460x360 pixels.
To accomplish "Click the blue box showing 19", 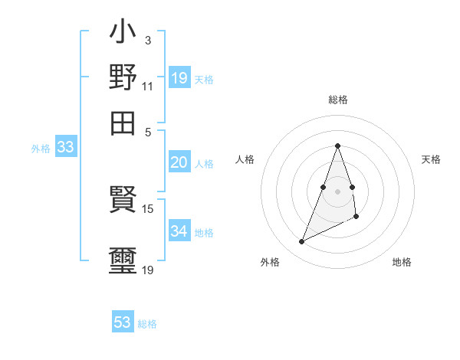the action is (179, 77).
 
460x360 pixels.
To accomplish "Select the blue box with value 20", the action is (179, 162).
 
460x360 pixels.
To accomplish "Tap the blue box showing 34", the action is (179, 231).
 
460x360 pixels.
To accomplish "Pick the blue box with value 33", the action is (65, 148).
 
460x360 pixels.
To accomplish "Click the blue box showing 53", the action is (123, 322).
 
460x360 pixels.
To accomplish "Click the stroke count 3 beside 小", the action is (147, 40).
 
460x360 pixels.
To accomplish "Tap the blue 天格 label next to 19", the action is (204, 79).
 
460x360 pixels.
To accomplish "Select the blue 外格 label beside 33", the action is (40, 149).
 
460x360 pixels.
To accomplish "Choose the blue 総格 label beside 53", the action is (147, 324).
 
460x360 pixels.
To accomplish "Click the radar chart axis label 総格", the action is (337, 100).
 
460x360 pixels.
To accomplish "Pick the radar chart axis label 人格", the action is (245, 159).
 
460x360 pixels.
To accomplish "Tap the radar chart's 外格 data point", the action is (302, 242).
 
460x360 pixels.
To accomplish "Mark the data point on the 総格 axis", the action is (337, 146).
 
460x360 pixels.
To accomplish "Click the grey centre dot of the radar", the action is (337, 191).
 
